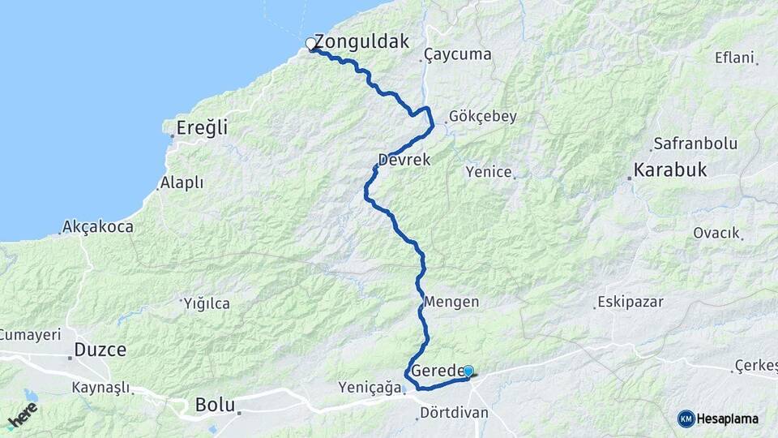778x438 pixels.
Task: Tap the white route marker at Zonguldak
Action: (310, 44)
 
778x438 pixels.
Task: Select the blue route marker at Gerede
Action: (468, 371)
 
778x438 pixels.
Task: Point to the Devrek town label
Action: (404, 160)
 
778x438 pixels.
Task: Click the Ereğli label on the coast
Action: (203, 127)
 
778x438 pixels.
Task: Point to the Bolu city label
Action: (215, 404)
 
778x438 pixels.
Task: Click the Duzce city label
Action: (100, 350)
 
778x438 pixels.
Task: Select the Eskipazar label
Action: (631, 302)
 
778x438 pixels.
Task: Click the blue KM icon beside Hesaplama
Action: (686, 419)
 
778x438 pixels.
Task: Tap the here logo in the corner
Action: (22, 415)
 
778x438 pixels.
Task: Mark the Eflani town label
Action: (734, 58)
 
